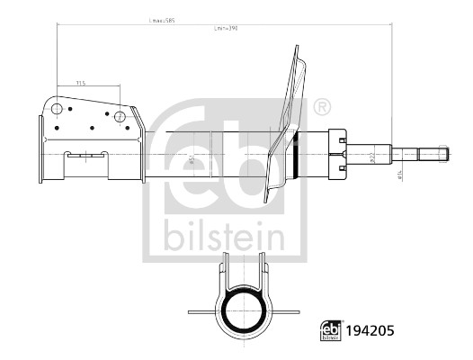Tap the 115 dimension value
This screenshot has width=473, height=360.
tap(80, 83)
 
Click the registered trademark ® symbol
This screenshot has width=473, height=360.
tap(321, 108)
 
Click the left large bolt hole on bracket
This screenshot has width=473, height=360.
tap(57, 111)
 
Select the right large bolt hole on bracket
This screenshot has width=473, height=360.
tap(120, 114)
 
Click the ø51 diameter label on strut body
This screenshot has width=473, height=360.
tap(191, 160)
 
